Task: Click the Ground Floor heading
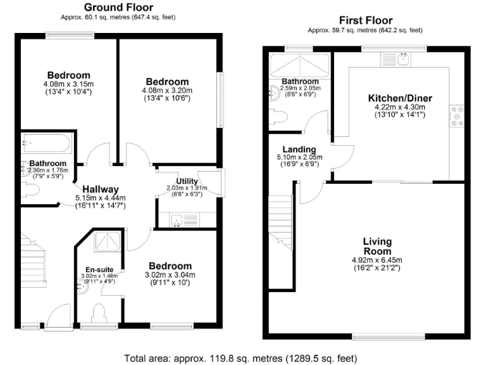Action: point(113,7)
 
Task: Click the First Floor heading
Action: point(365,21)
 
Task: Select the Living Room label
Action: point(377,246)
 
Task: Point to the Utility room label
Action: point(187,181)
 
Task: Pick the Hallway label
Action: point(100,189)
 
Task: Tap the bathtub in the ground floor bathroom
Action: point(46,144)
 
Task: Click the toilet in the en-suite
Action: point(99,313)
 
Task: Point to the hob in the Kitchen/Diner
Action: point(456,115)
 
